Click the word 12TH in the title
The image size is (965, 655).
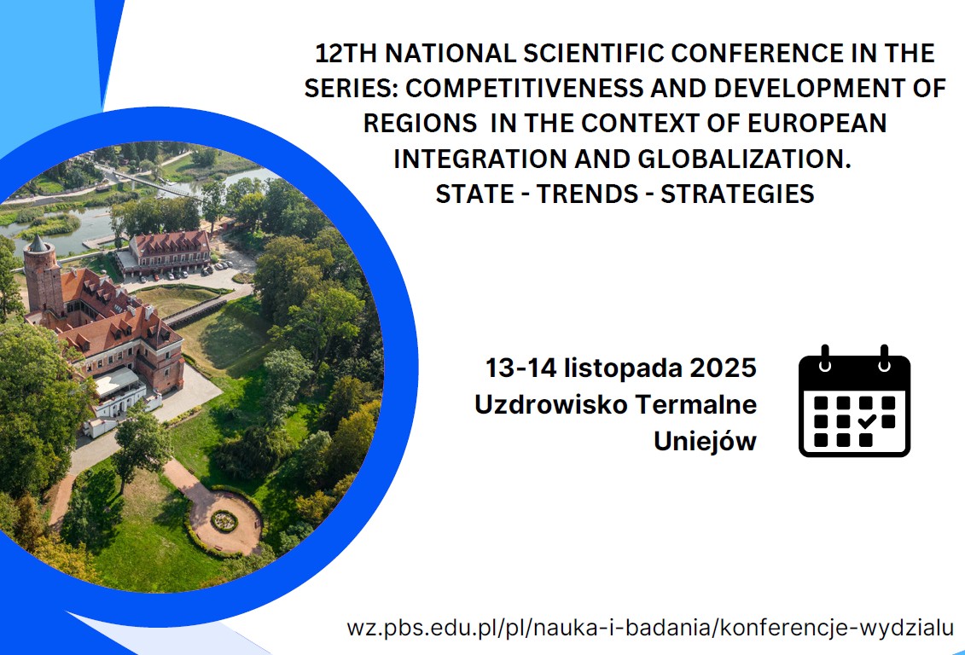point(346,54)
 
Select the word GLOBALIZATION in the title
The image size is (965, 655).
point(745,159)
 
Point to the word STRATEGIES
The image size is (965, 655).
point(737,194)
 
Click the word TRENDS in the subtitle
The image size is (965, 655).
point(587,194)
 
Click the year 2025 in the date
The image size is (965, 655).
point(724,368)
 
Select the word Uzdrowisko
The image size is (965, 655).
point(551,405)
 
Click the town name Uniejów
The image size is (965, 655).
point(706,442)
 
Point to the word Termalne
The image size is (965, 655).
point(696,405)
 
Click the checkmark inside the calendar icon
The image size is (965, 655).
point(867,421)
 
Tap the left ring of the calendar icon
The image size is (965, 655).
point(825,360)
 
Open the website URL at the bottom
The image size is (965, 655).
point(650,629)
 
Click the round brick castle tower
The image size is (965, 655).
point(43,277)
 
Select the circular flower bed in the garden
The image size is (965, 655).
point(224,521)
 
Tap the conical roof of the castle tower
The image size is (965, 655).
point(38,244)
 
